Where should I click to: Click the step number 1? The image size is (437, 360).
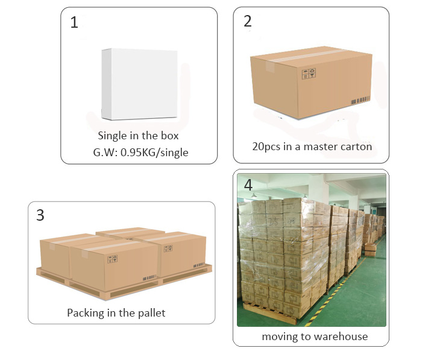pos(74,22)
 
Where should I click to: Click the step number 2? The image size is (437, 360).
pos(248,21)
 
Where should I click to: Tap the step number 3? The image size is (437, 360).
pos(40,215)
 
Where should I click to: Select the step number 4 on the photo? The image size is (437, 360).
pos(248,185)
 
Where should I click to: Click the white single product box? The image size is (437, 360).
pos(139,84)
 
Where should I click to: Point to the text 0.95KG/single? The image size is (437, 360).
pos(154,153)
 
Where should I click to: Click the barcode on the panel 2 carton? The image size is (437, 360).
pos(360,100)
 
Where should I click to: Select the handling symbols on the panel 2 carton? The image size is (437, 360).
pos(309,74)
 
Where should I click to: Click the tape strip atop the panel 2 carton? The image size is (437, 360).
pos(307,55)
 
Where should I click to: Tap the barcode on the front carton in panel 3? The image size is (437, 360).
pos(149,278)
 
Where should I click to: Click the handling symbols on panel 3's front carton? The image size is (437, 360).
pos(112,259)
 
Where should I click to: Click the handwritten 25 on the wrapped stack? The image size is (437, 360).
pos(274,221)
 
